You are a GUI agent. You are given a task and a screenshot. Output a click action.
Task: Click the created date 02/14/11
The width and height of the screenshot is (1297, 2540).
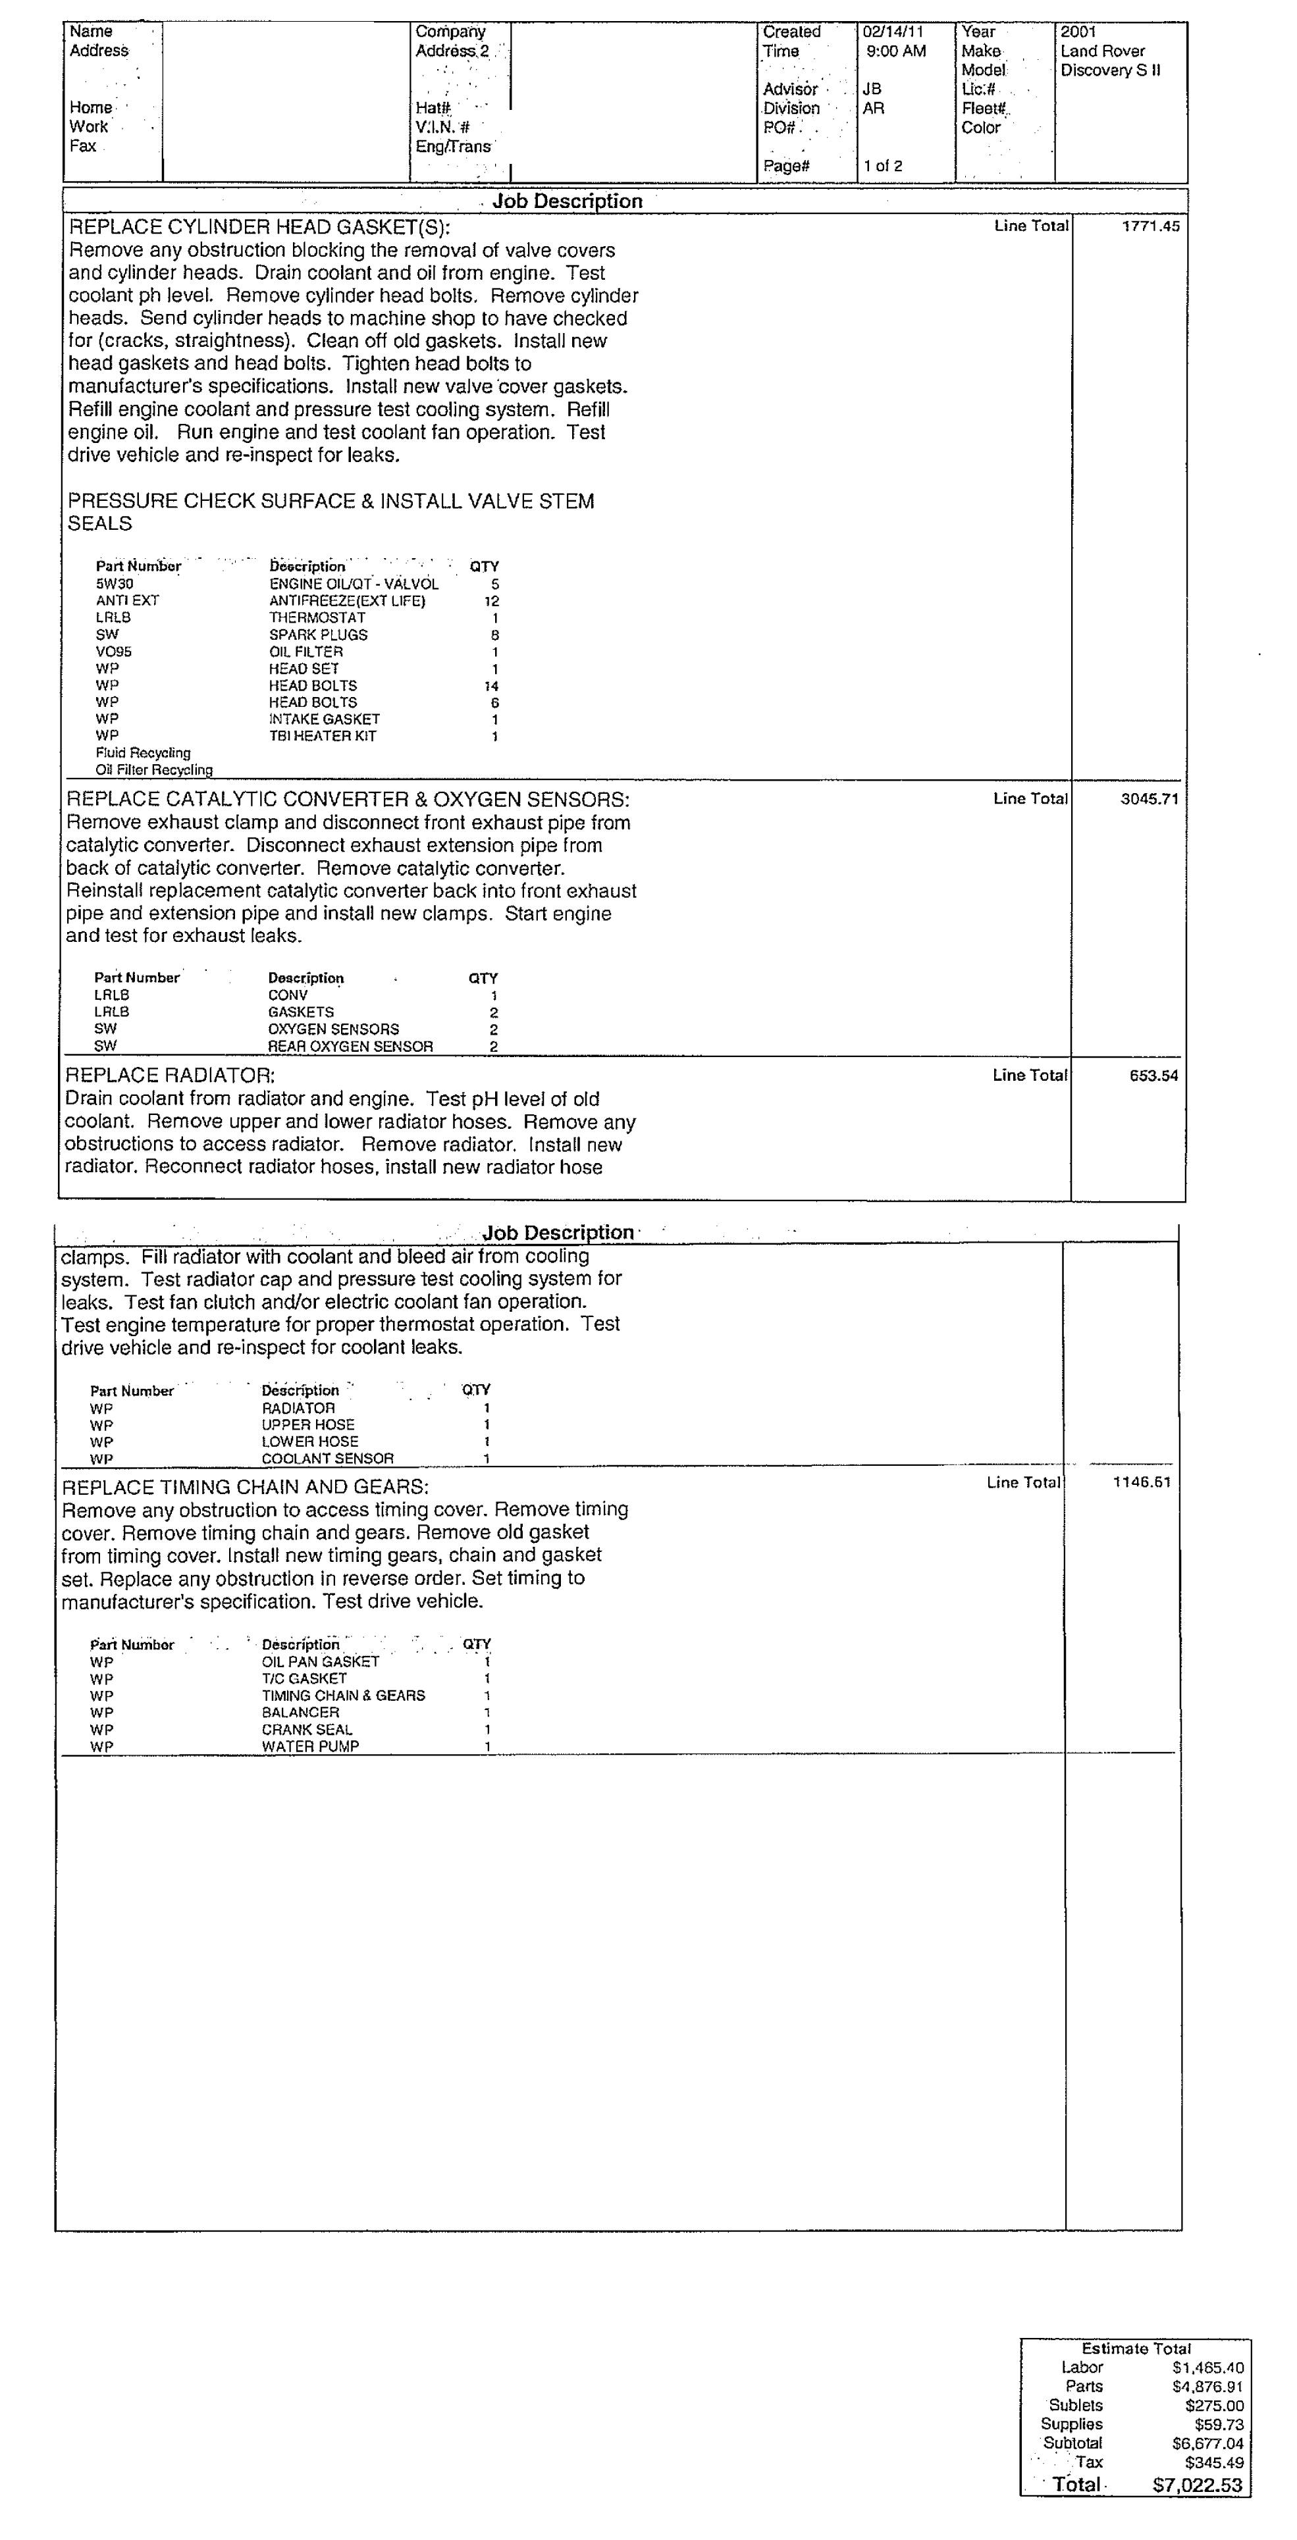tap(893, 32)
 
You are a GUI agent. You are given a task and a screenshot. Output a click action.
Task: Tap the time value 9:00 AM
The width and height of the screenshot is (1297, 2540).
tap(895, 51)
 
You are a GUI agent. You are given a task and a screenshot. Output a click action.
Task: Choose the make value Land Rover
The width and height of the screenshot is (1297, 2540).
tap(1103, 51)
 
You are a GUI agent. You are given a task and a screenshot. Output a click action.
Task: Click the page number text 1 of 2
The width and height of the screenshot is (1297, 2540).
tap(883, 166)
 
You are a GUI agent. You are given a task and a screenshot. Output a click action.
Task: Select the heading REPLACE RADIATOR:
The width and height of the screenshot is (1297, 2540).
tap(170, 1076)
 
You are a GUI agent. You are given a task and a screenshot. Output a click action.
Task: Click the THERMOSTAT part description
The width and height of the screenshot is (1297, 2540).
tap(317, 618)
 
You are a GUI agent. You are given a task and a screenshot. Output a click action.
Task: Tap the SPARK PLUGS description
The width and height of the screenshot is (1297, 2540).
tap(317, 635)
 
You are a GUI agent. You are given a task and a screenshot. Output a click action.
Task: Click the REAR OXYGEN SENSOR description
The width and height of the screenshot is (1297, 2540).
tap(350, 1046)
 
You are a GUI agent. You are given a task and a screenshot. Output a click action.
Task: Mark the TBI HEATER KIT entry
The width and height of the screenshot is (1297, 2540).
tap(323, 737)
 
